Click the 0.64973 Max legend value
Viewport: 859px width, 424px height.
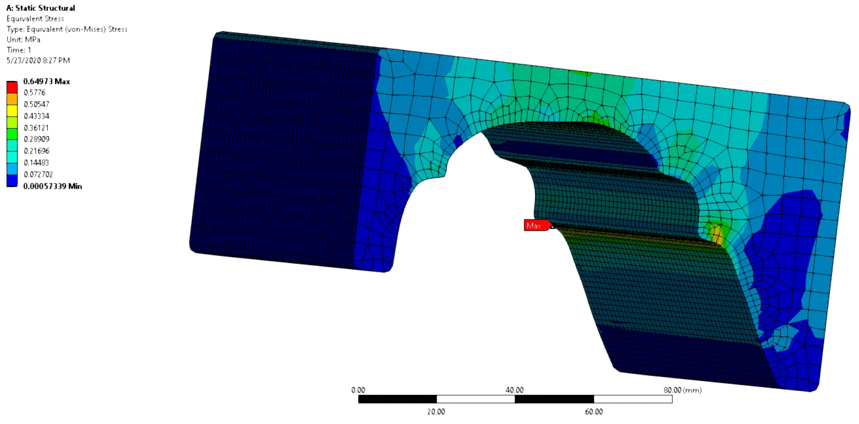click(x=47, y=81)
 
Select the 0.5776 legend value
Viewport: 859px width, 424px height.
click(x=34, y=93)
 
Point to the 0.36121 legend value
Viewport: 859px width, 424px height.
click(x=36, y=128)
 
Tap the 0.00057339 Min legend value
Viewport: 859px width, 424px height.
click(x=52, y=186)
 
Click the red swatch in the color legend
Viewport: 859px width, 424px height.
click(x=12, y=87)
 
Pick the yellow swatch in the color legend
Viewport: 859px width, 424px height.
click(x=12, y=110)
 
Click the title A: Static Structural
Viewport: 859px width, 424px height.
click(x=41, y=8)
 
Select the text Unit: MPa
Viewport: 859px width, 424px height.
click(x=23, y=39)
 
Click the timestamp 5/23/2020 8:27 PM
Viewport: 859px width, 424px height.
click(x=38, y=60)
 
